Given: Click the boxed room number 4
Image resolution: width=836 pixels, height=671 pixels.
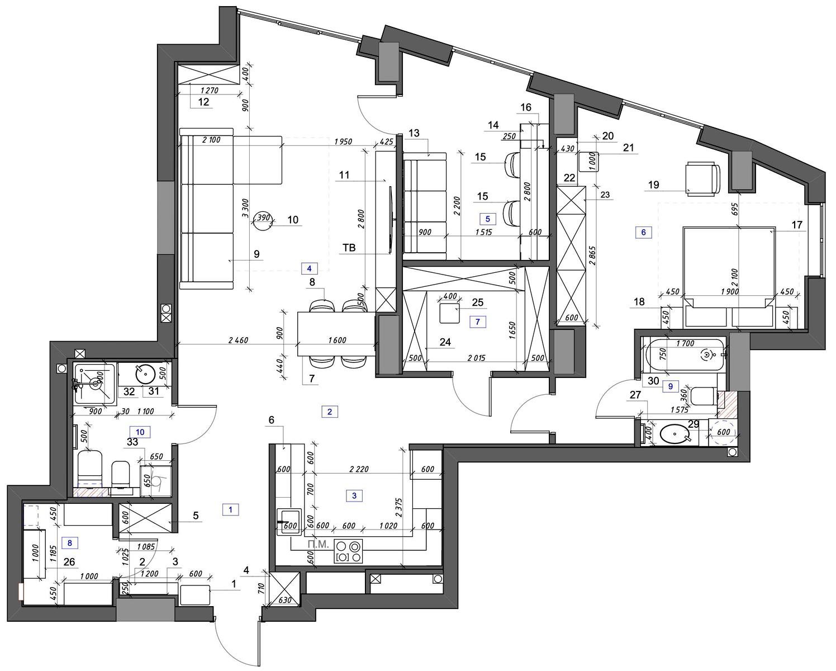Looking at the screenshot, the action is [309, 268].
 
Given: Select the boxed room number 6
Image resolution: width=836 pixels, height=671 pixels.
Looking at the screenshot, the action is [643, 232].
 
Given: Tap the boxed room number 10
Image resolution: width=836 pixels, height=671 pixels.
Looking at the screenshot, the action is [140, 432].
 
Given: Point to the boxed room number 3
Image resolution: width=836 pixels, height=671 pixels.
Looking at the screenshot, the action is [354, 495].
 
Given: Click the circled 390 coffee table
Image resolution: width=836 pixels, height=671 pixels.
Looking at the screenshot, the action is [263, 221].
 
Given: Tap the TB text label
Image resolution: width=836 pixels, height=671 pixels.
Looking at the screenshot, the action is [349, 248].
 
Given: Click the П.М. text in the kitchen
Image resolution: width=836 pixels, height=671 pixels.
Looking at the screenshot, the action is [318, 545].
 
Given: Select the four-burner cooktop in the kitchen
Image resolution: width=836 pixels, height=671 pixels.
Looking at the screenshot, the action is [348, 551].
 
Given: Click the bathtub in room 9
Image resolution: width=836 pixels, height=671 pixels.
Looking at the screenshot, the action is [685, 355].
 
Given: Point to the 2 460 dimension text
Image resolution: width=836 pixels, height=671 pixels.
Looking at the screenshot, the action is [239, 341].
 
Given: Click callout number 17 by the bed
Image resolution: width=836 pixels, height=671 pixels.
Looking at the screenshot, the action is [797, 225].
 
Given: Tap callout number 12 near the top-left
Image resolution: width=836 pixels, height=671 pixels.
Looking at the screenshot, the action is [203, 102].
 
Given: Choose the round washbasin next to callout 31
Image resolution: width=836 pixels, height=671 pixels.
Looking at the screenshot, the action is [145, 375].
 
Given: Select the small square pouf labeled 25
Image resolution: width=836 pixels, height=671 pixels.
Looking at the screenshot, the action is [449, 313].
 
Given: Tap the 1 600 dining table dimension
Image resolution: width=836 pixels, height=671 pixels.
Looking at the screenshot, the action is [337, 340].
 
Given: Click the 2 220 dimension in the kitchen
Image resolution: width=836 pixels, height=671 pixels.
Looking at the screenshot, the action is [359, 469].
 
